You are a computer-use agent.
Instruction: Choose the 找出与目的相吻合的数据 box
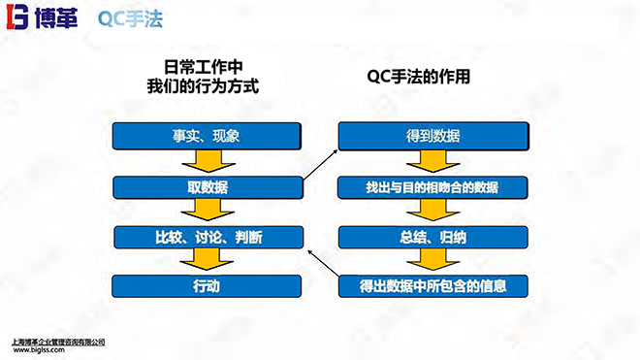pos(432,185)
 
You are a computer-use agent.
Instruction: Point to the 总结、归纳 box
pos(432,236)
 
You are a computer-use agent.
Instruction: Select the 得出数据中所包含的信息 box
pos(432,286)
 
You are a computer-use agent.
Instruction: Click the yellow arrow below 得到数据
pos(432,161)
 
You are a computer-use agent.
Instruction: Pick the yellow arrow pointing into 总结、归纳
pos(432,211)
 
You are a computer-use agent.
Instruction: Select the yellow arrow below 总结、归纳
pos(432,261)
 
